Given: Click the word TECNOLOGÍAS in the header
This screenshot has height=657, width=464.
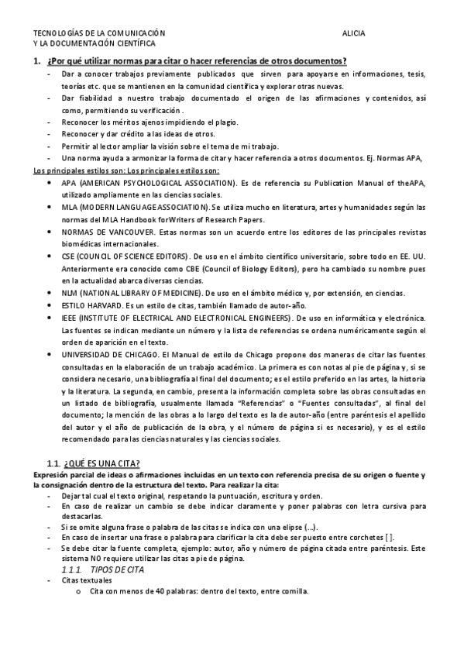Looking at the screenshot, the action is [x=55, y=35].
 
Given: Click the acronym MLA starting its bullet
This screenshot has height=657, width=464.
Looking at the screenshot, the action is [x=70, y=208].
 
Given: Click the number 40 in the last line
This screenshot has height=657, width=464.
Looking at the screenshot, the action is [x=150, y=591].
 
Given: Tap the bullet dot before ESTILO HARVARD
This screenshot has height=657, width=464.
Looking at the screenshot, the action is [x=50, y=307].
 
